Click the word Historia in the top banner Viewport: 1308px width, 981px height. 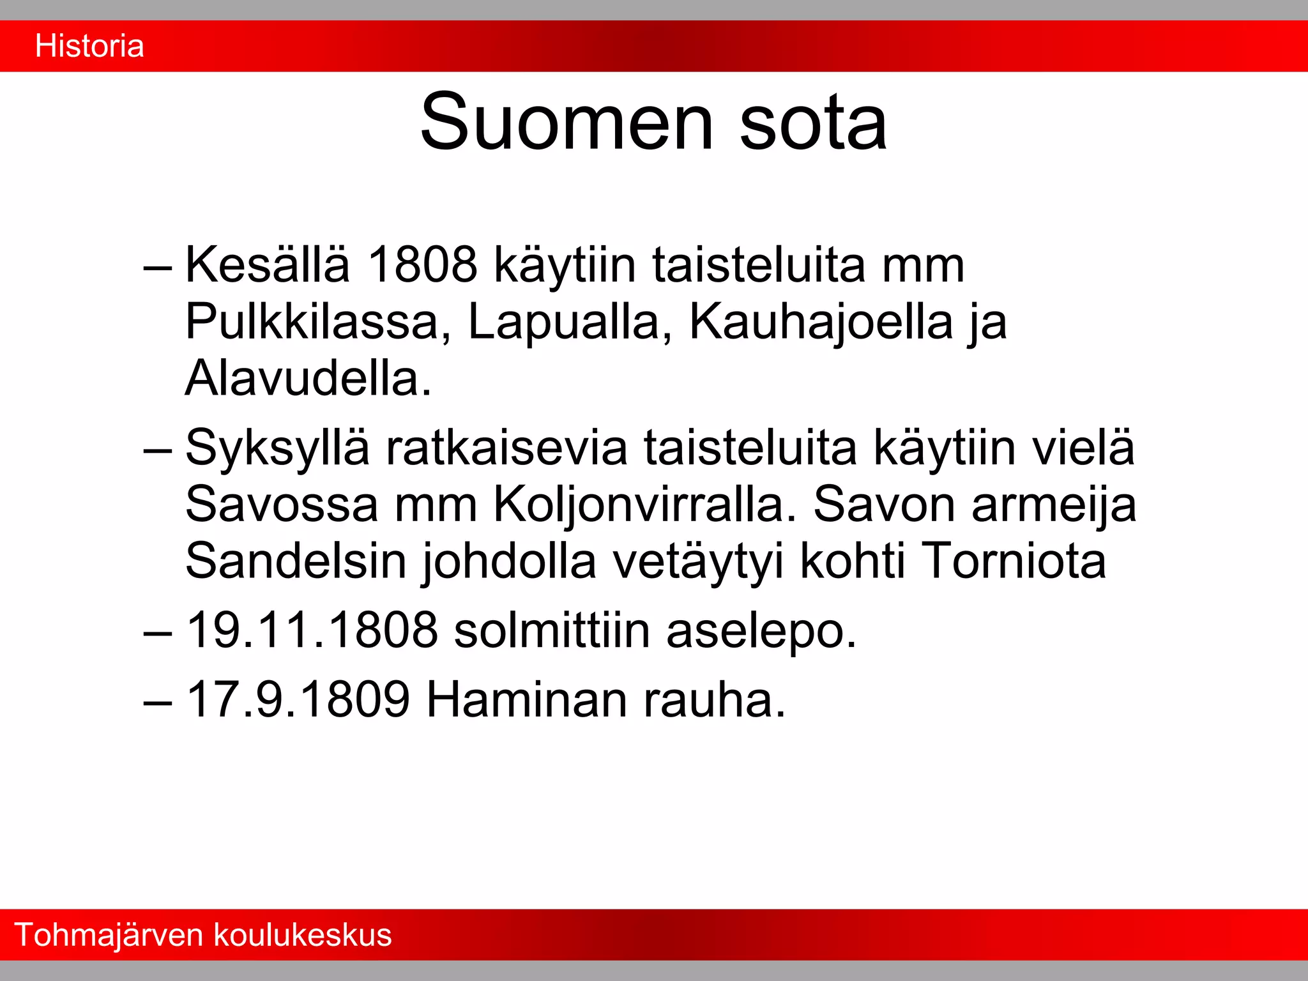point(89,46)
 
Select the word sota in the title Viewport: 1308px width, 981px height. point(813,123)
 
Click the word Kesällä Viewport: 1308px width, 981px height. point(268,264)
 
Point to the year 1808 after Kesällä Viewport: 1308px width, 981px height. point(422,264)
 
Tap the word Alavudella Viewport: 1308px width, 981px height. point(308,378)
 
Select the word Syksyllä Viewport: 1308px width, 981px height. point(277,447)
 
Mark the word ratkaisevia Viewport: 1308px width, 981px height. point(506,447)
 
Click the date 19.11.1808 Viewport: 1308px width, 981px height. point(312,630)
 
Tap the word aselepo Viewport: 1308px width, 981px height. point(761,630)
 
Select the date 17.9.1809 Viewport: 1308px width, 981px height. point(298,699)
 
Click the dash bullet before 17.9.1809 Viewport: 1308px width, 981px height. point(158,701)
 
